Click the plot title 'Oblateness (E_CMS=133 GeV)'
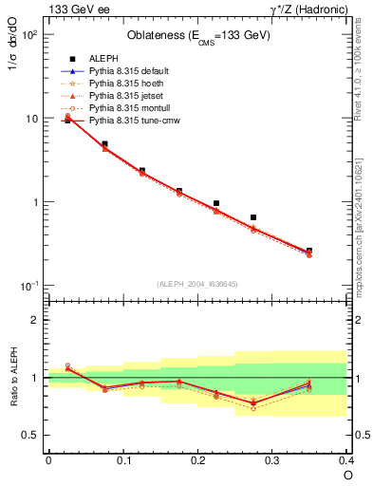coord(198,36)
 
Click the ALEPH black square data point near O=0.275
coord(253,217)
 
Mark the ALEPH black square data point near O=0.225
coord(216,203)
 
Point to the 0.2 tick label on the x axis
coord(197,460)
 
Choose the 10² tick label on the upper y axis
coord(30,35)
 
